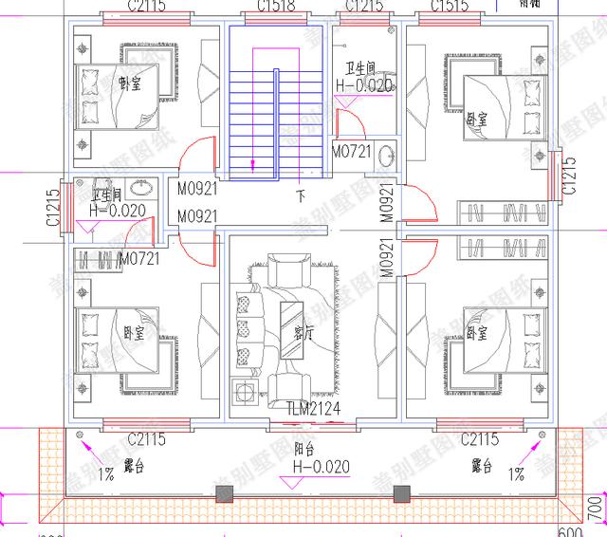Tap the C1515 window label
[451, 8]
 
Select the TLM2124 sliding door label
[313, 408]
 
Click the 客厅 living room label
[303, 334]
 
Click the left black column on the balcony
[224, 493]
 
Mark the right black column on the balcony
[401, 493]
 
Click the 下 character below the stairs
[302, 198]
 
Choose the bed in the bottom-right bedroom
[493, 342]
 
